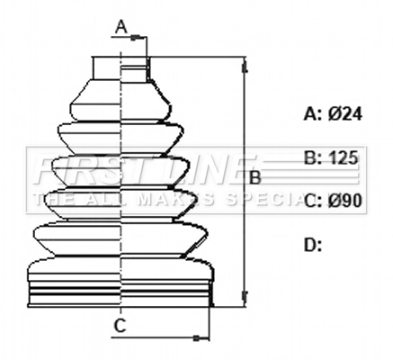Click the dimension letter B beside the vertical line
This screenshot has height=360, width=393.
click(255, 178)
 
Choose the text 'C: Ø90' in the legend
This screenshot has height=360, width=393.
click(333, 201)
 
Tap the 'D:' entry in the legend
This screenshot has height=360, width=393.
click(313, 244)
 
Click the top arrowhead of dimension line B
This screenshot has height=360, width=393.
click(243, 63)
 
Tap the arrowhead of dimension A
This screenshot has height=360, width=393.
click(139, 38)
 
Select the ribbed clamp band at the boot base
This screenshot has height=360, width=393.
click(121, 294)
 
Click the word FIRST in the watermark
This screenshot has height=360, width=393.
click(76, 166)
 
